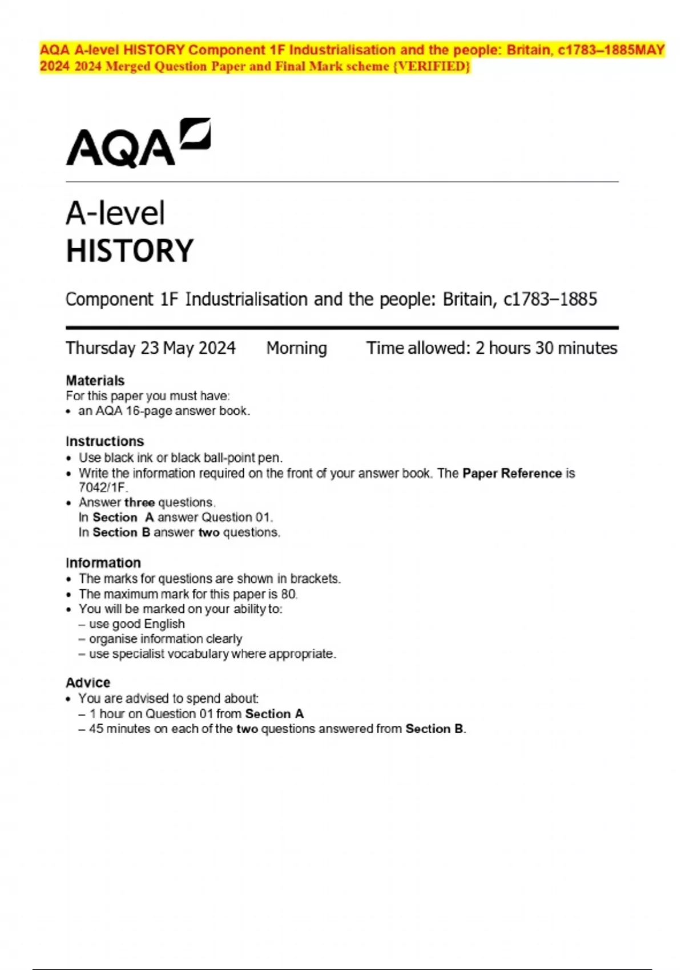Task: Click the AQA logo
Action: point(138,143)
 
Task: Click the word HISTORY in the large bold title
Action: point(130,251)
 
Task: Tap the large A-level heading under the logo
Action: point(115,213)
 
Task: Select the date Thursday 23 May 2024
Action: point(151,348)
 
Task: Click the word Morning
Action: point(296,348)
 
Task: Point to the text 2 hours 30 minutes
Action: point(546,348)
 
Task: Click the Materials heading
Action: point(95,381)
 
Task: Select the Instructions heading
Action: point(104,441)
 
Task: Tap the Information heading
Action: point(103,563)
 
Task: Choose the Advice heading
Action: point(88,682)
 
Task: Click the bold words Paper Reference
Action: point(512,474)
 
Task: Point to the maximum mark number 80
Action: point(288,594)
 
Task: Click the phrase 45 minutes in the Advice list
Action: point(119,729)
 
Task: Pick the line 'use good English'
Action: point(137,624)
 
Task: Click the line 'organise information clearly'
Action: point(166,638)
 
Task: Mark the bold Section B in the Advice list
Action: point(435,729)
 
